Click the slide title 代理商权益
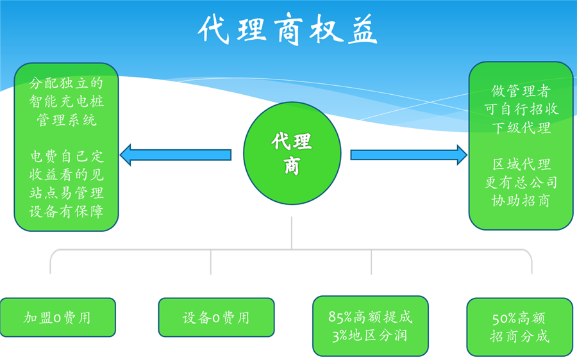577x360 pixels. tap(288, 29)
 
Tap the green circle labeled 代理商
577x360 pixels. tap(292, 153)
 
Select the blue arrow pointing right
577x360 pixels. tap(408, 154)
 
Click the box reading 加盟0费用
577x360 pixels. tap(57, 318)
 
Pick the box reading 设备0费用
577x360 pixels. tap(216, 318)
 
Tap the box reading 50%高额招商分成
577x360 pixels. tap(520, 327)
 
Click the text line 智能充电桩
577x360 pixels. tap(67, 101)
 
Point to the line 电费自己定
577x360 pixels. tap(67, 156)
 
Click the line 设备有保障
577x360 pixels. tap(67, 211)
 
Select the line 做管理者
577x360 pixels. tap(521, 90)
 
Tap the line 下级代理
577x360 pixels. tap(521, 127)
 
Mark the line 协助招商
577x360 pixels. tap(521, 200)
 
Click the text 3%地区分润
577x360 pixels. tap(370, 335)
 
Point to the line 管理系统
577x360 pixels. tap(67, 120)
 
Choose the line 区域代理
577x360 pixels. tap(521, 164)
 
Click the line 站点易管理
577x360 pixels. tap(67, 193)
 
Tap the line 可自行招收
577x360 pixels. tap(521, 109)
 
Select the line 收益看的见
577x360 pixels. tap(67, 174)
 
